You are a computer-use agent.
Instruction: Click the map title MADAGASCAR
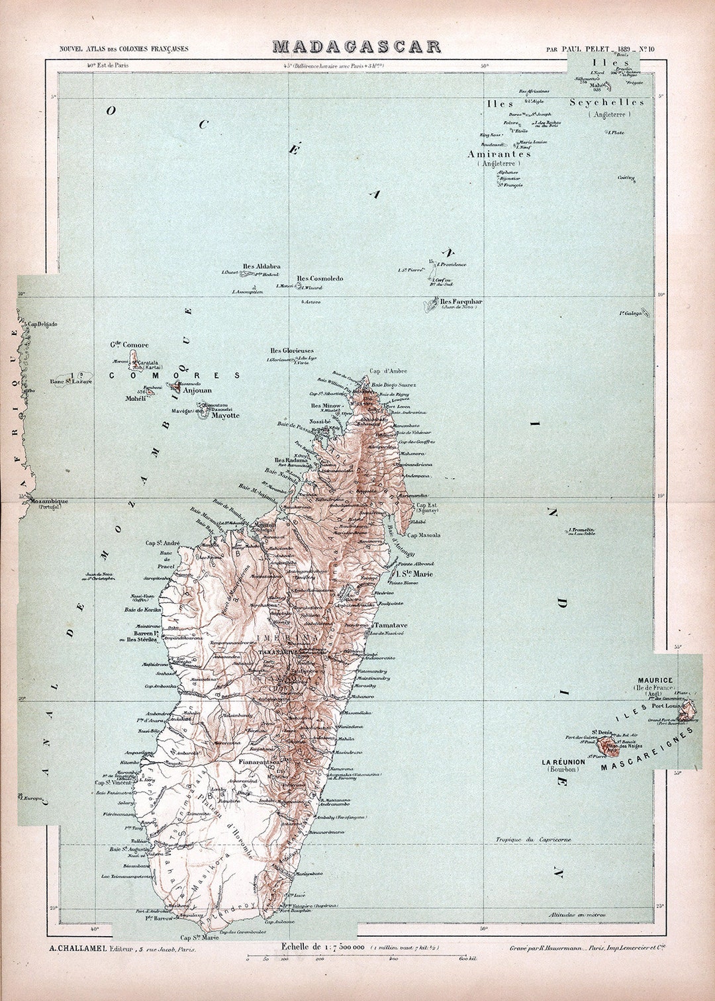[356, 47]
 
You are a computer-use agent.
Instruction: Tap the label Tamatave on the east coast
[391, 625]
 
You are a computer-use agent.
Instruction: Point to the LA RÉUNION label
[563, 762]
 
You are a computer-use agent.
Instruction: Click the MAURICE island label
[655, 680]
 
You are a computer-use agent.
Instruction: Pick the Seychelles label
[607, 103]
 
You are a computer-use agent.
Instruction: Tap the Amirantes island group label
[499, 154]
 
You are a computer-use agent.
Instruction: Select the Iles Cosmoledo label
[320, 279]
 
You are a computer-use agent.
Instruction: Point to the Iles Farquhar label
[461, 302]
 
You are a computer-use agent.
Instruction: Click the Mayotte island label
[225, 416]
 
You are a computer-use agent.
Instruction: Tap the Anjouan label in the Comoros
[197, 391]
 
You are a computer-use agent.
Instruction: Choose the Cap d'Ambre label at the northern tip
[388, 371]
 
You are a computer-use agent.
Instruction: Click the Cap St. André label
[163, 543]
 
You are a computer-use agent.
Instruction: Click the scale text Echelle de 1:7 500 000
[324, 947]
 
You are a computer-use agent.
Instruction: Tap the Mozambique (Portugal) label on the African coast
[48, 502]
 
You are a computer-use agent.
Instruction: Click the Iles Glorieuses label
[292, 351]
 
